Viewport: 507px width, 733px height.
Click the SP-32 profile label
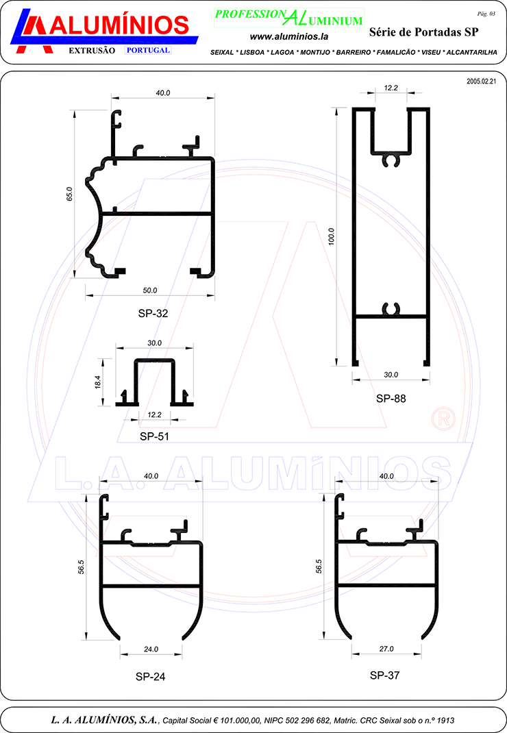[x=153, y=313]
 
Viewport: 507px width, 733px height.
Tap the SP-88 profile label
[x=391, y=398]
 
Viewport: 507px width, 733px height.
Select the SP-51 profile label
[x=154, y=436]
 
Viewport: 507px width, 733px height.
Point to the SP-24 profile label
[x=150, y=676]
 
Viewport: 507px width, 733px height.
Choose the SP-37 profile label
[x=384, y=675]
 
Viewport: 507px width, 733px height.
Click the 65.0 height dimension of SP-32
[x=70, y=194]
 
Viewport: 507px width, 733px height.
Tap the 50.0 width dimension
[x=150, y=290]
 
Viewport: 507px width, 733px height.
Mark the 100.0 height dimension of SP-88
[x=331, y=236]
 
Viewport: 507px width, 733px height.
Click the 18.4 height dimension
[x=98, y=382]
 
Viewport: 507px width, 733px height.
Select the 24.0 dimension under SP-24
[x=151, y=649]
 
